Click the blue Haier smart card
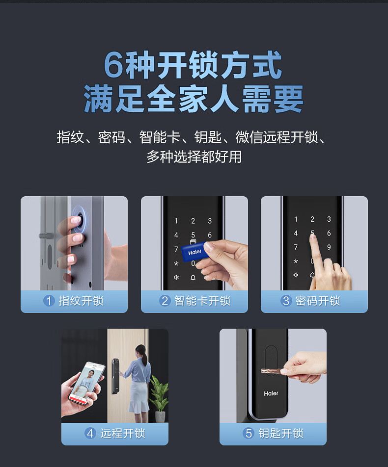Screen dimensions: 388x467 [194, 252]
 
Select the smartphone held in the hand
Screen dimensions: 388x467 [87, 383]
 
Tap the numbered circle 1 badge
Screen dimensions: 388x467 [49, 301]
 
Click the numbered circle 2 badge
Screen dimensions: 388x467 [165, 301]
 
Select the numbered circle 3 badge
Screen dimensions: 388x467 [286, 301]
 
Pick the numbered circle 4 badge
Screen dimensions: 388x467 [90, 433]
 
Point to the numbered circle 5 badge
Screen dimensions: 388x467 [249, 433]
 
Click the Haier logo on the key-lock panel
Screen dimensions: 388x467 [271, 393]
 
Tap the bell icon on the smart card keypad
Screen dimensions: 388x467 [193, 278]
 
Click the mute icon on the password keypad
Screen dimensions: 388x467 [296, 275]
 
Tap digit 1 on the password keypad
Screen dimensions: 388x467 [296, 219]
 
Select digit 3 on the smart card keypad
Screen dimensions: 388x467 [210, 221]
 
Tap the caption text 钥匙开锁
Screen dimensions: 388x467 [281, 433]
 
